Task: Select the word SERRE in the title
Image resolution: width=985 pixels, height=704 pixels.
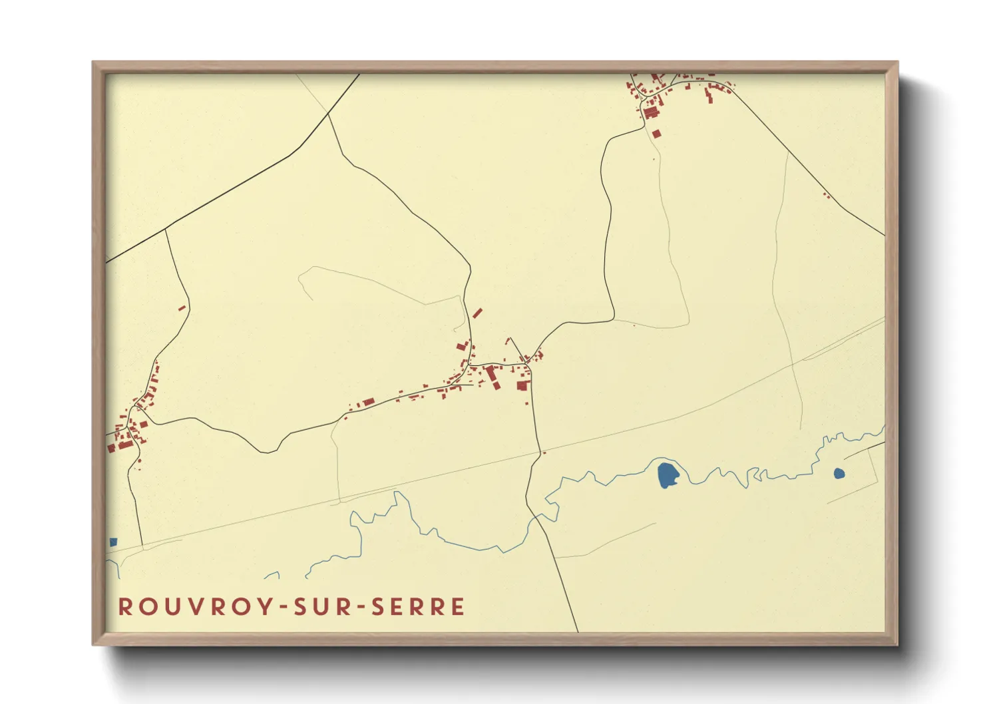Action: [x=418, y=607]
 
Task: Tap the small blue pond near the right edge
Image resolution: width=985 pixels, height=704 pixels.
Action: [x=839, y=474]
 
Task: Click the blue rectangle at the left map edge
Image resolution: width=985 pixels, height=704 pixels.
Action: [x=113, y=542]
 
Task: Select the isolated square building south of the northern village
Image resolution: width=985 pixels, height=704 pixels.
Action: [x=656, y=134]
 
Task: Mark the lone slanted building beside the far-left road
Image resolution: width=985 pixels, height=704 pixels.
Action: [x=181, y=307]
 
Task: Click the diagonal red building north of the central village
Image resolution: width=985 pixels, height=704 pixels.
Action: [x=477, y=313]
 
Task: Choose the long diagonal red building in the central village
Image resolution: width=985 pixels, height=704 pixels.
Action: [x=492, y=376]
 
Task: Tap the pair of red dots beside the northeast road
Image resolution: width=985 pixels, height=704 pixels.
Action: [x=826, y=195]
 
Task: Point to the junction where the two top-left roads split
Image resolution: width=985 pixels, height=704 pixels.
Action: [x=329, y=114]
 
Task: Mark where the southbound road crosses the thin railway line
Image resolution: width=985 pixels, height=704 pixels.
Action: [x=540, y=453]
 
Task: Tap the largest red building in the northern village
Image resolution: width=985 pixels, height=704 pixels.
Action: [x=650, y=112]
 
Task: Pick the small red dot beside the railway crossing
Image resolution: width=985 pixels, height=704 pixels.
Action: [x=544, y=453]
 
